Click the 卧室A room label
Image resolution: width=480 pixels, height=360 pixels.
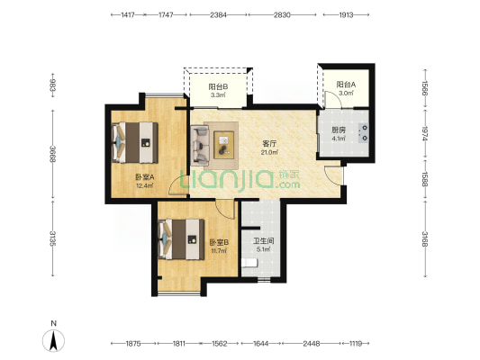coord(145,177)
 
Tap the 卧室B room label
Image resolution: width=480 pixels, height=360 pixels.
coord(219,242)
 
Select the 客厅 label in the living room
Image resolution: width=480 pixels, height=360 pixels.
coord(269,144)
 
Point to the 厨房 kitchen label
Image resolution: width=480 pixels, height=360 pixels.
coord(339,130)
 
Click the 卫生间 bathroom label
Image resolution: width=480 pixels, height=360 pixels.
coord(263,241)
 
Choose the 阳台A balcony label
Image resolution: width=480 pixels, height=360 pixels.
coord(346,85)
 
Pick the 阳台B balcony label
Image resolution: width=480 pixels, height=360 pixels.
coord(218,87)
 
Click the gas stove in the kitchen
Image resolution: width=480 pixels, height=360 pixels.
coord(363,133)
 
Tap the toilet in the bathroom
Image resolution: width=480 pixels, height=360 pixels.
coord(249,263)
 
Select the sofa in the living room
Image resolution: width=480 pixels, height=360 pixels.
coord(200,145)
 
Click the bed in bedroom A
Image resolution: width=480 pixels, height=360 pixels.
coord(135,142)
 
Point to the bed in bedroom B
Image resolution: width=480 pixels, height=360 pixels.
coord(181,239)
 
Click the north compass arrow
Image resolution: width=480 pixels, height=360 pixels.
coord(53,341)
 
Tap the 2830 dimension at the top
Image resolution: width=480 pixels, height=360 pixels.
coord(282,14)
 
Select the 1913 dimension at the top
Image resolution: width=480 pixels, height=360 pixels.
coord(346,14)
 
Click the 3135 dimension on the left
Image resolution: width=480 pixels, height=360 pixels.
coord(53,238)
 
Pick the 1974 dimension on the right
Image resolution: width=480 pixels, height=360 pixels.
coord(425,133)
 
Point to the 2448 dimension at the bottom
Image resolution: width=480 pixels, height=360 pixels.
coord(312,344)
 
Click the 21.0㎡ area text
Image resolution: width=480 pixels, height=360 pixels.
coord(269,152)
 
